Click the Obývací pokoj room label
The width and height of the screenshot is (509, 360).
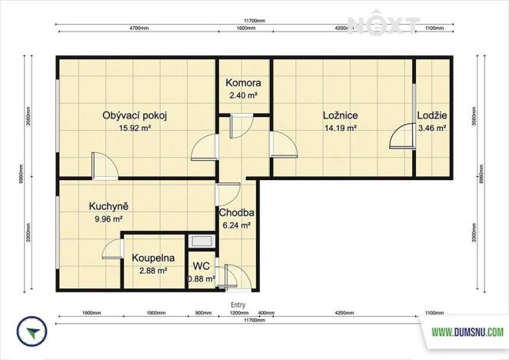[135, 115]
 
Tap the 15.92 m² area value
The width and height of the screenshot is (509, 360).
[135, 128]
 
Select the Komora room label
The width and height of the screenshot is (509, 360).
[243, 83]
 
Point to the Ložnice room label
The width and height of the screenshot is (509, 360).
[340, 115]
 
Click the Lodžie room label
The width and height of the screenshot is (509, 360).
[432, 115]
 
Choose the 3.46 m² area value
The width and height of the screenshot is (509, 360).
[432, 128]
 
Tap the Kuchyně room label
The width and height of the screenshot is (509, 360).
[108, 206]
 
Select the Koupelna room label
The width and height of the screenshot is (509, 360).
[153, 258]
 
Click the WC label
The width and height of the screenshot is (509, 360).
[201, 265]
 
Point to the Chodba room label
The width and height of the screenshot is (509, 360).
[237, 213]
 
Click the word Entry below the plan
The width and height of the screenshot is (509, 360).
[238, 305]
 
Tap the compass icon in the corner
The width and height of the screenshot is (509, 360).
[32, 332]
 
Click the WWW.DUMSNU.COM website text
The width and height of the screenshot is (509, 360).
[467, 332]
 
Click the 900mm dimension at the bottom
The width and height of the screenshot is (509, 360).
[203, 314]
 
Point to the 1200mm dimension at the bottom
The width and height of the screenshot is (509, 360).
[239, 314]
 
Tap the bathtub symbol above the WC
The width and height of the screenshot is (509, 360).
[202, 240]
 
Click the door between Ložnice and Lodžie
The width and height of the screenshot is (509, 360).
[403, 138]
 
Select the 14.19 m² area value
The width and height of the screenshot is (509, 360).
[340, 128]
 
